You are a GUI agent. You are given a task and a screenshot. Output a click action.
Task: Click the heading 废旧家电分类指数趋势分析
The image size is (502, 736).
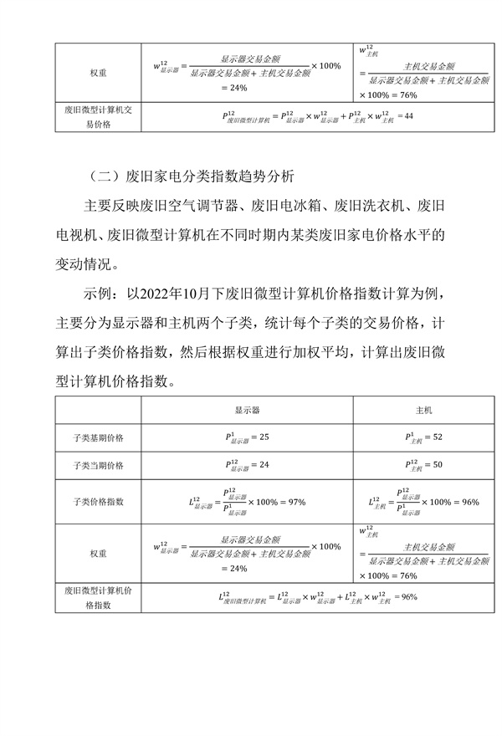tap(197, 177)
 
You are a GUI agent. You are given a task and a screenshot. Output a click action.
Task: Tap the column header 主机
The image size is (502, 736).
tap(424, 411)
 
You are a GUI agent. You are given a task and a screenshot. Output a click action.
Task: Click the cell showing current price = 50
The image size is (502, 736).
tap(424, 465)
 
